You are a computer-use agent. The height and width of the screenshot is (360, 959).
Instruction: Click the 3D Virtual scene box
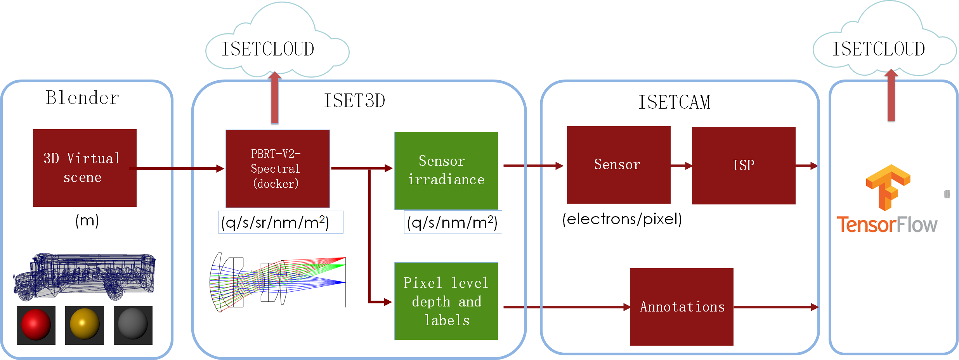(85, 168)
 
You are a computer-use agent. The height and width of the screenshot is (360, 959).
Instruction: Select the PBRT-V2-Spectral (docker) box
(277, 169)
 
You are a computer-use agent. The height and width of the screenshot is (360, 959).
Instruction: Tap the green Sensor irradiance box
(446, 171)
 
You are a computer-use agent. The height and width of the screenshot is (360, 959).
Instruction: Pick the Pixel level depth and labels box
(446, 301)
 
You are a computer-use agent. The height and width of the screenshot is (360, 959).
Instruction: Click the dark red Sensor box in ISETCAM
(619, 165)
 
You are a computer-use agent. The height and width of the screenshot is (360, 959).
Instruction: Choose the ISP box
(744, 166)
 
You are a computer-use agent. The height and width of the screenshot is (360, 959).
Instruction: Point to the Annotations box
(682, 306)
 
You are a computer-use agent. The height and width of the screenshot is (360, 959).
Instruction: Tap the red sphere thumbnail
(36, 325)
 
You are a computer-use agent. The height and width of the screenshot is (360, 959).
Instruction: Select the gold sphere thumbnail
(85, 325)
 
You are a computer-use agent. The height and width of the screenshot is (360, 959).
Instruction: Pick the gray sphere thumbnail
(133, 325)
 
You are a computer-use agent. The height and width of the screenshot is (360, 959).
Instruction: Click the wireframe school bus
(85, 276)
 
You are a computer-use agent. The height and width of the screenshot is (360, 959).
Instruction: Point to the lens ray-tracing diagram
(277, 282)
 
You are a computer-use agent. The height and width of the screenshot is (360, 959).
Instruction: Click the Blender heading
(82, 98)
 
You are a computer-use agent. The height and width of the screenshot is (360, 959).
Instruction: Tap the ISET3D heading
(354, 101)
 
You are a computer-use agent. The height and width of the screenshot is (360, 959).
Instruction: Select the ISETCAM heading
(675, 102)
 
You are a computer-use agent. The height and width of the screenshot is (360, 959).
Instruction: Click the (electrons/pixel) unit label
(622, 219)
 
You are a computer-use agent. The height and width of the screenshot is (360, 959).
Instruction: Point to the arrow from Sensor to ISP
(682, 166)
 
